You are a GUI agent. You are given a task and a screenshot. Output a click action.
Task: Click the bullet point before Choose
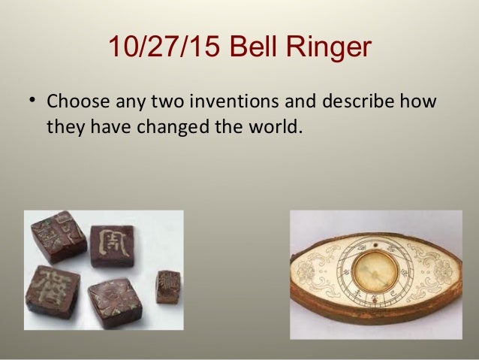point(33,100)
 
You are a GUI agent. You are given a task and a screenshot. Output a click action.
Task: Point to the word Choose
point(77,100)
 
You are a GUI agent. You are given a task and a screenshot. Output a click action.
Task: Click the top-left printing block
point(59,236)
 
